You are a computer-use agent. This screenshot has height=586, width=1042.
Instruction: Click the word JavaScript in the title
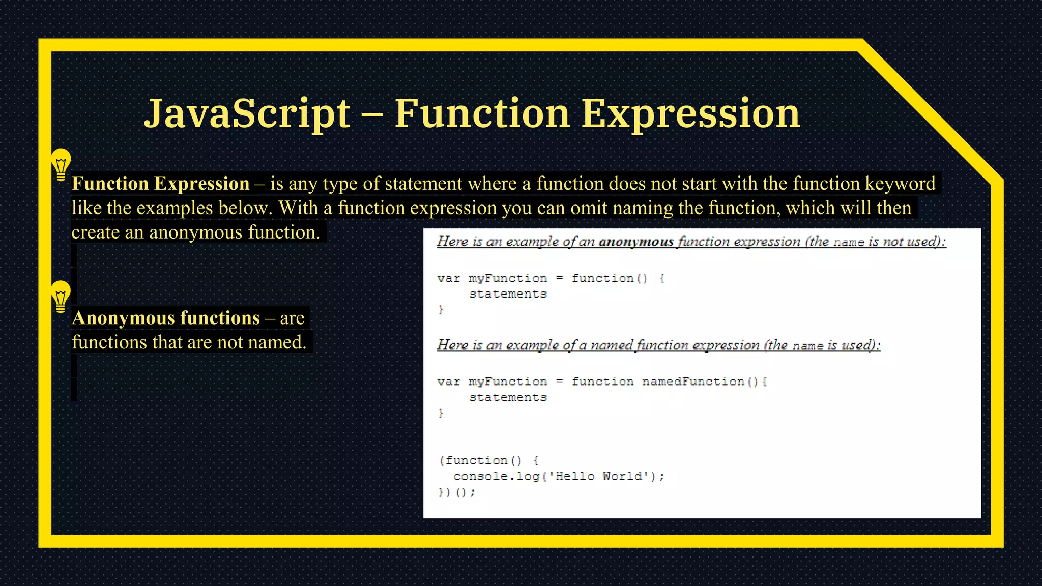247,113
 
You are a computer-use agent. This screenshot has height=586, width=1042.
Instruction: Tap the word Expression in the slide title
690,113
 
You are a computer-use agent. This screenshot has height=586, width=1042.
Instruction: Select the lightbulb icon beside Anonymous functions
61,297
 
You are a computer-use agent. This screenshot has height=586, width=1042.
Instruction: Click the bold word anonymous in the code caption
636,242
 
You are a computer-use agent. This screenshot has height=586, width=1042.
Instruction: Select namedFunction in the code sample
693,382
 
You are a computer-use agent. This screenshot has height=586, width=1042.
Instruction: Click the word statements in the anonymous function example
508,294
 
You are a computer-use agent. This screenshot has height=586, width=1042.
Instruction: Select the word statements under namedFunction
508,397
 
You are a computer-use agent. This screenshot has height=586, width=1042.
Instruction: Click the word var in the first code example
448,278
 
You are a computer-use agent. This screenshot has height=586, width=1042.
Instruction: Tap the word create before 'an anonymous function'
95,232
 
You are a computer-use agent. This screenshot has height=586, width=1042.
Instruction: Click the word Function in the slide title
482,113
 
